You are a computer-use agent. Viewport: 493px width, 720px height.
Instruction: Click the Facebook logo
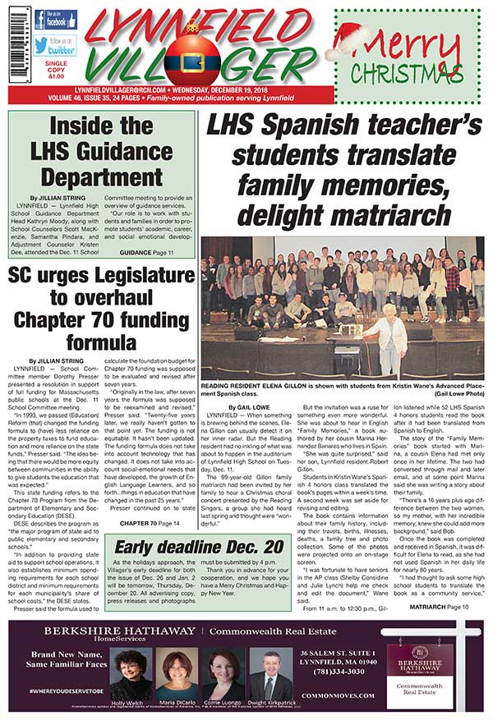(x=62, y=19)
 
